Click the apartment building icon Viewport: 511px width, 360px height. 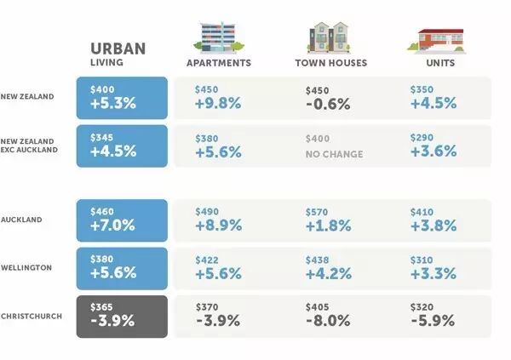coord(219,37)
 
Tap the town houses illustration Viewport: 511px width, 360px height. coord(329,37)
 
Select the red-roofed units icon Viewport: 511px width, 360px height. coord(437,40)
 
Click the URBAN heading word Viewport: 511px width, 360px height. coord(118,49)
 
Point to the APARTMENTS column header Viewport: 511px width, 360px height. coord(219,63)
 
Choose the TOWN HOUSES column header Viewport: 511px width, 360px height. coord(331,63)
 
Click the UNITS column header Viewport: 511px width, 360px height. coord(440,63)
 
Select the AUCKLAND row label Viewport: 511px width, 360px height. coord(21,220)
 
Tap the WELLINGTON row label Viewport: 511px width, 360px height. coord(26,268)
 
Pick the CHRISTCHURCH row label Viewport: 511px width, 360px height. coord(32,317)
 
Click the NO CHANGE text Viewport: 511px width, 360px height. coord(335,154)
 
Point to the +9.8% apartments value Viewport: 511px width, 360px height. coord(218,103)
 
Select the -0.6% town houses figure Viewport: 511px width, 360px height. coord(328,104)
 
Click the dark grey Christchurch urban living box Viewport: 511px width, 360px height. coord(122,317)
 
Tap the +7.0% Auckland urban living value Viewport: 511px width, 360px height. coord(112,226)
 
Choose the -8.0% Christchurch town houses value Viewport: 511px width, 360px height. coord(328,321)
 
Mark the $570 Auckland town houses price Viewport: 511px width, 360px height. coord(317,213)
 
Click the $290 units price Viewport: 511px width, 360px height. coord(422,138)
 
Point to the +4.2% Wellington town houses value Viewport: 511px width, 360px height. coord(329,274)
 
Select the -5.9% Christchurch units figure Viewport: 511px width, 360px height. coord(433,321)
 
